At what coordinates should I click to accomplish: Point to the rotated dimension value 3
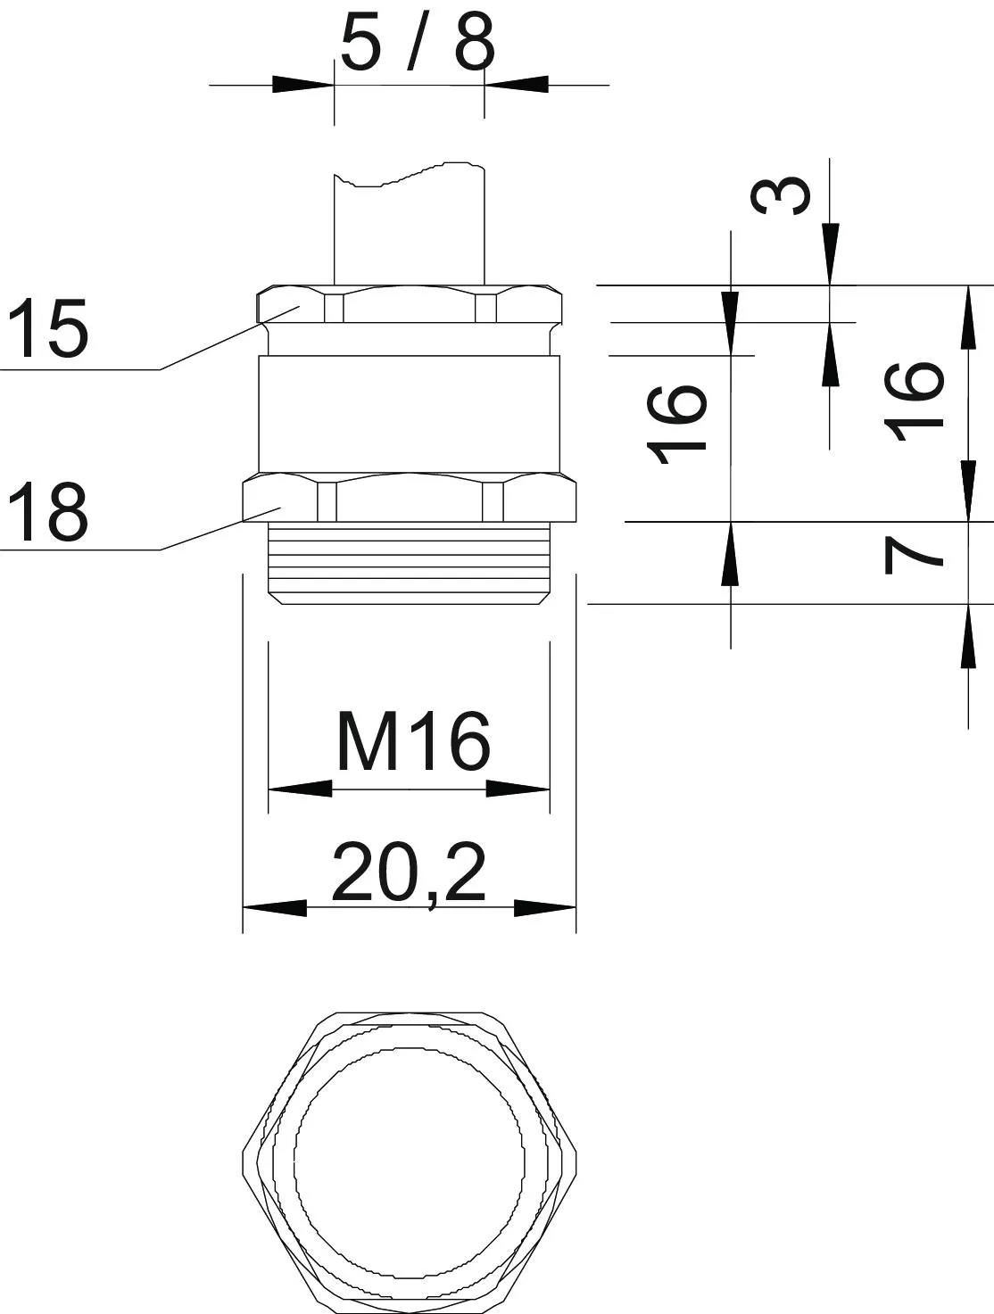(781, 195)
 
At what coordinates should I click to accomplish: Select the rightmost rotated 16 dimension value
(915, 401)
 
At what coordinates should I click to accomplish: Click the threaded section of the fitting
(409, 563)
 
